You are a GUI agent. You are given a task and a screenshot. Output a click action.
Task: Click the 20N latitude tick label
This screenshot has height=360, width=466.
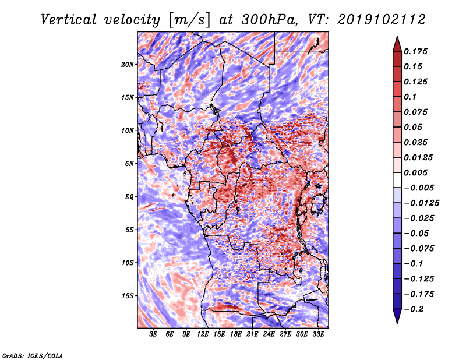(x=127, y=65)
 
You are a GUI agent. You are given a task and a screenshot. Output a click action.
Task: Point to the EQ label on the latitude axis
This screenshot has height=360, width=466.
(x=129, y=197)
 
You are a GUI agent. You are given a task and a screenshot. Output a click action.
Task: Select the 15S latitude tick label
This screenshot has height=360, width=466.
(x=128, y=296)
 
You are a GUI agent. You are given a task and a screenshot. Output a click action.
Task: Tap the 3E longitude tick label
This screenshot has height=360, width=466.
(x=153, y=334)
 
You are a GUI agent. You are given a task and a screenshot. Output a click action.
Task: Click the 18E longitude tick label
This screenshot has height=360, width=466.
(x=236, y=334)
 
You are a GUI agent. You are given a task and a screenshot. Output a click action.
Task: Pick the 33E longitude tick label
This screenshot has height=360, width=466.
(x=318, y=334)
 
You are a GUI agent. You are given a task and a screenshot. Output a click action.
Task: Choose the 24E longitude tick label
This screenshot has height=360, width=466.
(x=269, y=334)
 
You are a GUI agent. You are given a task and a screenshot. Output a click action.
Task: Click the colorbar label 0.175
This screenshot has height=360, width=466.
(x=415, y=51)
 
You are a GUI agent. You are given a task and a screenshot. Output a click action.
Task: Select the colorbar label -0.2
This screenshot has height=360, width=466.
(x=414, y=309)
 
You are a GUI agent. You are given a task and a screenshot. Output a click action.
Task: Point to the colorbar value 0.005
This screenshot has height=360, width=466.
(x=415, y=172)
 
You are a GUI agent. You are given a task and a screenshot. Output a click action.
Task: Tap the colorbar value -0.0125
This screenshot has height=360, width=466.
(x=421, y=203)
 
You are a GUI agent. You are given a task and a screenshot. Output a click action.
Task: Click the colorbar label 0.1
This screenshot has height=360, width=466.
(x=410, y=97)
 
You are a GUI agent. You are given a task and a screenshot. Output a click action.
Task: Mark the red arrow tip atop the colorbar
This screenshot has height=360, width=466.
(x=397, y=36)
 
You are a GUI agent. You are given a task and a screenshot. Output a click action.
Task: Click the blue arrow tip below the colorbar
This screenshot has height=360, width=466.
(x=397, y=323)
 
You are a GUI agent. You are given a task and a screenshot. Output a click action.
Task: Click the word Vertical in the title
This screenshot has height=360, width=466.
(x=68, y=20)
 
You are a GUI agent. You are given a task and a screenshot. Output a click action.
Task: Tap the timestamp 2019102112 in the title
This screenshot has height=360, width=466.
(x=382, y=20)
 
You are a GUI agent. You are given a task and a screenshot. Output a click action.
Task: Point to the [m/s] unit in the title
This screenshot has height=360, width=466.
(x=189, y=20)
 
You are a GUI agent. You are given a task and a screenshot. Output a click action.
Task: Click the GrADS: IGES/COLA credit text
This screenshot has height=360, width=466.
(x=33, y=356)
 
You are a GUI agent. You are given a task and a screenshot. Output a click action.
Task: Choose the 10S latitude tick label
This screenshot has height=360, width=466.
(x=128, y=263)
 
